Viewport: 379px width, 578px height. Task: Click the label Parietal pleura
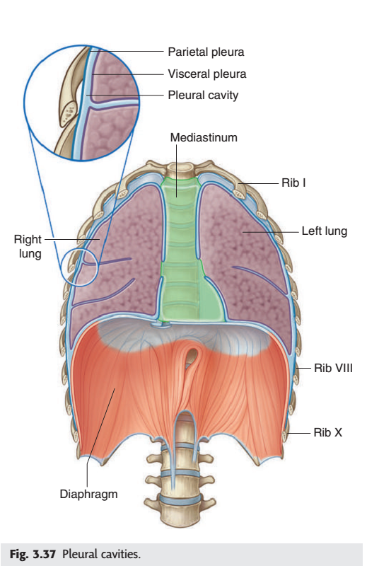click(206, 52)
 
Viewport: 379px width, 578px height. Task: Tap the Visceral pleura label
click(207, 74)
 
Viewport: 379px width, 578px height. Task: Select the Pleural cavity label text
click(203, 95)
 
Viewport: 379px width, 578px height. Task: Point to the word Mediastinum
click(204, 137)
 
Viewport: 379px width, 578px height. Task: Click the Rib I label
click(293, 183)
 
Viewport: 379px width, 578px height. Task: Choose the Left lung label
click(325, 231)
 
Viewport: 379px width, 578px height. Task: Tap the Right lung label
click(28, 246)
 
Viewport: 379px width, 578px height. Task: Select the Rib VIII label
click(333, 368)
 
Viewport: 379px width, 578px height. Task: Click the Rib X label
click(328, 432)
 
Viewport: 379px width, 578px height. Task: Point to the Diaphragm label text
click(89, 494)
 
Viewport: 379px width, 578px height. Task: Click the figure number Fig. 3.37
click(33, 554)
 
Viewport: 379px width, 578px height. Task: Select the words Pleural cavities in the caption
click(101, 554)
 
